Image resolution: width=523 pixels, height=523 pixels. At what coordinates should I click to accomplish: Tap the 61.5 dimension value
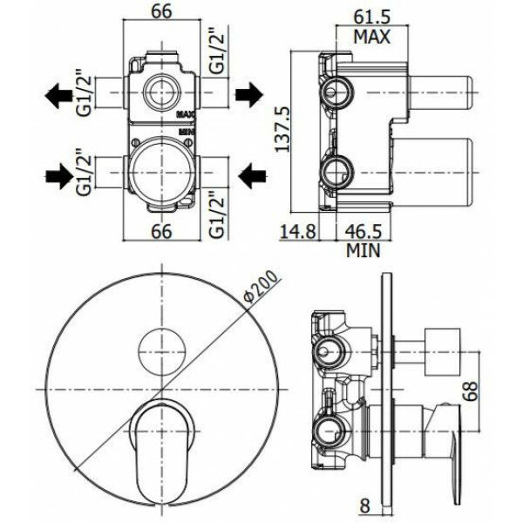pyautogui.click(x=372, y=17)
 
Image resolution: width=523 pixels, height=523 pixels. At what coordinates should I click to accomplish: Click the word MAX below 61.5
pyautogui.click(x=371, y=37)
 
